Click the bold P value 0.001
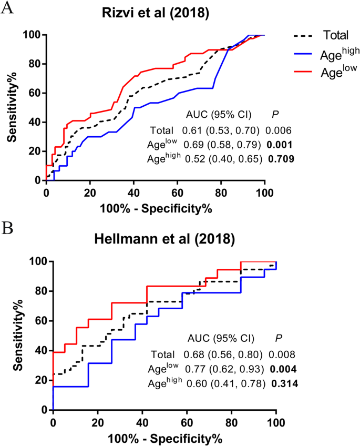click(279, 143)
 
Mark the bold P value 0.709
click(280, 157)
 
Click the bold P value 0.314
click(284, 384)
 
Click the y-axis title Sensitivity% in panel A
click(12, 107)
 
